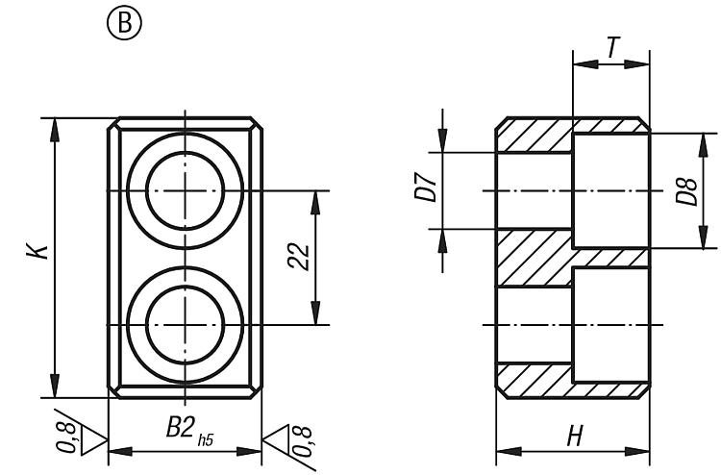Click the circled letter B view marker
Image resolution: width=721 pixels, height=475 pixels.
point(124,22)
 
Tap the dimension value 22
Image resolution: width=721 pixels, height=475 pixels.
point(298,257)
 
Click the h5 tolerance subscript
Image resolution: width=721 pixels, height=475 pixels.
point(206,440)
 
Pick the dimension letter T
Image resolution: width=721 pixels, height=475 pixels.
point(612,47)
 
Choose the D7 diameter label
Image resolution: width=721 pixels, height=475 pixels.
point(425,187)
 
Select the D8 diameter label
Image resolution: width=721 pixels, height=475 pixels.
point(687,191)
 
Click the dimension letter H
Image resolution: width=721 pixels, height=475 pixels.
point(574,436)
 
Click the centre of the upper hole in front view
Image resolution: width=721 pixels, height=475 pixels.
point(185,190)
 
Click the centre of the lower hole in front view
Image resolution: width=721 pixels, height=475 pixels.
point(185,325)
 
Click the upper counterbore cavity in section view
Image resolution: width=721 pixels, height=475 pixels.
point(611,190)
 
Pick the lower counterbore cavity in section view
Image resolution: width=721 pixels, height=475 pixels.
point(611,325)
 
